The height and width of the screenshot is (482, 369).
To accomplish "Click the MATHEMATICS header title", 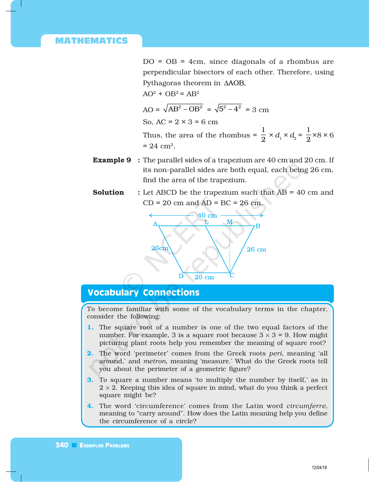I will coord(91,41).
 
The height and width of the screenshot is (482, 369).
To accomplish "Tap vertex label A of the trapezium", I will coord(155,224).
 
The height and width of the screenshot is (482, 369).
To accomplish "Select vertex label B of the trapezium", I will coord(258,226).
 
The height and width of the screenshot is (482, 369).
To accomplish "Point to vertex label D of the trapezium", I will coord(181,276).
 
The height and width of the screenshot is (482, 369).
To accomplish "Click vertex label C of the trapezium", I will coord(232,275).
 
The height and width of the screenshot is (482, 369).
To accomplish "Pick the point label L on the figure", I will coord(207,222).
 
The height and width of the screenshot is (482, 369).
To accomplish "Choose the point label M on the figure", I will coord(230,222).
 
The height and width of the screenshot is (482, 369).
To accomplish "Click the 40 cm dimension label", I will coord(207,215).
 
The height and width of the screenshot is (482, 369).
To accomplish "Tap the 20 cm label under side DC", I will coord(204,277).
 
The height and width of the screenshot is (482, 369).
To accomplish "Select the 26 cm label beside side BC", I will coord(256,250).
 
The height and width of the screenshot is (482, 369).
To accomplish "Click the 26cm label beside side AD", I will coord(160,248).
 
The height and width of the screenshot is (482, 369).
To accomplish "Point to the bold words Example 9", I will coord(112,160).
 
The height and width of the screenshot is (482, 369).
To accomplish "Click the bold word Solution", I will coord(108,192).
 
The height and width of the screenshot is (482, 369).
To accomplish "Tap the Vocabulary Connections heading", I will coord(143,293).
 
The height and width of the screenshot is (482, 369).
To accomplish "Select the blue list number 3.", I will coord(90,380).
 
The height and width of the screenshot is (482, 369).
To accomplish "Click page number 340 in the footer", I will coord(62,445).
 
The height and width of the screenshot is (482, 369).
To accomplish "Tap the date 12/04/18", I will coord(319,468).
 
